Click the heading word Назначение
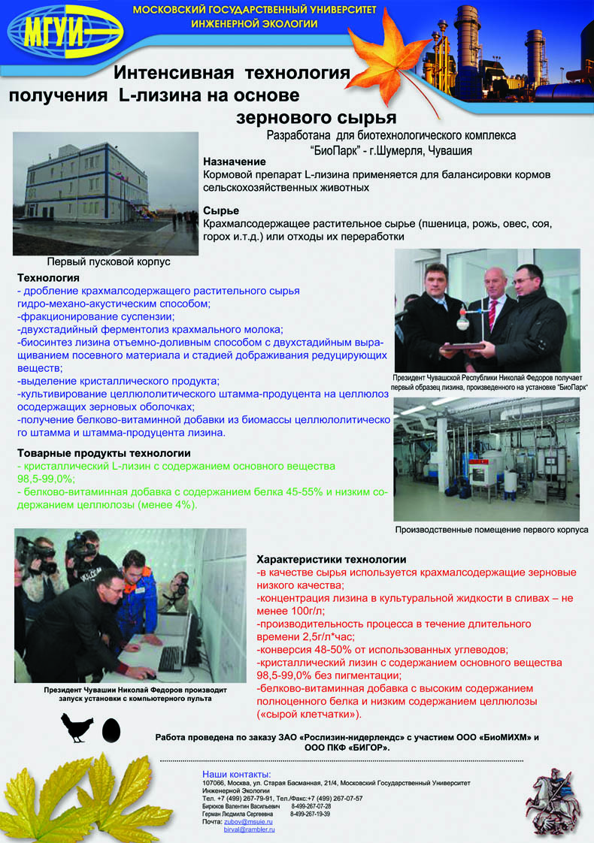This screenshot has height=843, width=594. pyautogui.click(x=235, y=162)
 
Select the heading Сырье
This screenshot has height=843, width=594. pyautogui.click(x=221, y=210)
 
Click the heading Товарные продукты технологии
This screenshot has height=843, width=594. pyautogui.click(x=104, y=453)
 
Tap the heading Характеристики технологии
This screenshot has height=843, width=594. pyautogui.click(x=332, y=560)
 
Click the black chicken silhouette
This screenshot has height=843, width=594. pyautogui.click(x=77, y=727)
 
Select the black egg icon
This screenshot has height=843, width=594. pyautogui.click(x=111, y=729)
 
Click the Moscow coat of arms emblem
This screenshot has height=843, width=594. pyautogui.click(x=555, y=797)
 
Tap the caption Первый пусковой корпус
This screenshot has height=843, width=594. pyautogui.click(x=109, y=262)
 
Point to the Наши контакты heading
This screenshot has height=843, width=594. pyautogui.click(x=237, y=774)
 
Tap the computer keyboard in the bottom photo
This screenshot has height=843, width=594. pyautogui.click(x=171, y=659)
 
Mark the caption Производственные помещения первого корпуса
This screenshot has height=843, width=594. pyautogui.click(x=492, y=530)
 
